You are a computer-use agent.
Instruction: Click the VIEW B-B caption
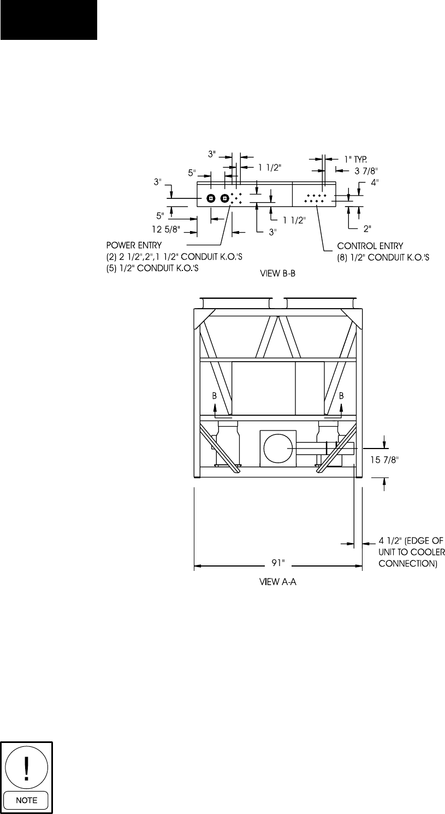[277, 274]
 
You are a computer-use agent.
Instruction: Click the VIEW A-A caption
[277, 582]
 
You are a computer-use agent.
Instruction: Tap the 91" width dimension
[278, 563]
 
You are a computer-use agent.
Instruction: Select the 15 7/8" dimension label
[385, 459]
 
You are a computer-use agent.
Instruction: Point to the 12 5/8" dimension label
[166, 229]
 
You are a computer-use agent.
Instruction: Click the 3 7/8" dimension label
[366, 170]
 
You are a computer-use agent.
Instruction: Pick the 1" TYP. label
[355, 159]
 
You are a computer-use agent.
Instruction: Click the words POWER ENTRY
[134, 245]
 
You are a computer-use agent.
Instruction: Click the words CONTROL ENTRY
[370, 246]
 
